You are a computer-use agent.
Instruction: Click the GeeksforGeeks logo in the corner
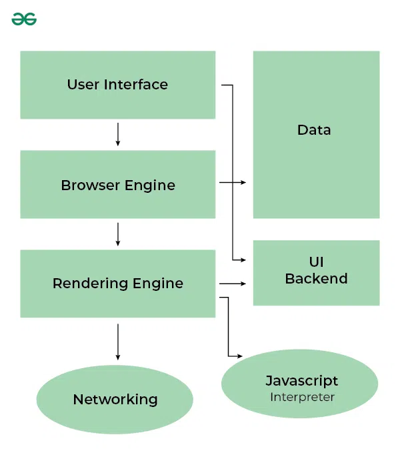pos(24,19)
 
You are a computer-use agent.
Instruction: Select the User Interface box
pos(117,85)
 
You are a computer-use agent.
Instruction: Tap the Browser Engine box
pos(117,185)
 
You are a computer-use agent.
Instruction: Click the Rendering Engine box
pos(117,284)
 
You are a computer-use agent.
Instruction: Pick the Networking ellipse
pos(115,400)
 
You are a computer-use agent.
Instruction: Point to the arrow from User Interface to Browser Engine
pos(118,134)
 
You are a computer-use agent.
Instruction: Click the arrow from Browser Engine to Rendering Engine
pos(118,233)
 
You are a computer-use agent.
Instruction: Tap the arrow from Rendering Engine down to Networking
pos(118,342)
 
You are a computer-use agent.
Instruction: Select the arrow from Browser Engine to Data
pos(233,182)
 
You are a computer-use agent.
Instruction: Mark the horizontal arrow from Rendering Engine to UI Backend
pos(233,284)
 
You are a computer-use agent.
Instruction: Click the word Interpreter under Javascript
pos(302,397)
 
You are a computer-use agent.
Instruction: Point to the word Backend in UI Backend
pos(316,279)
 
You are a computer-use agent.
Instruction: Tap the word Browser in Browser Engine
pos(87,185)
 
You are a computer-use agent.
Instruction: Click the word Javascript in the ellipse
pos(302,381)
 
